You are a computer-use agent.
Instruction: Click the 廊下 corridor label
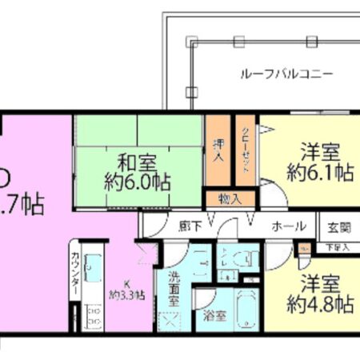(189, 225)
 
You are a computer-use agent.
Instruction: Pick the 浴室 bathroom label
(216, 316)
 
